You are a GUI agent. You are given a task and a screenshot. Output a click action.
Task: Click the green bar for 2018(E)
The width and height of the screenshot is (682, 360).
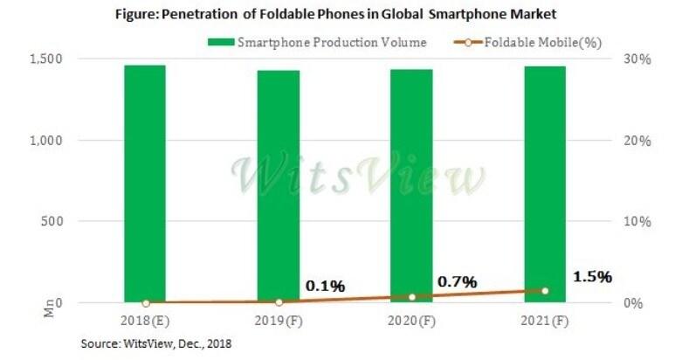point(144,183)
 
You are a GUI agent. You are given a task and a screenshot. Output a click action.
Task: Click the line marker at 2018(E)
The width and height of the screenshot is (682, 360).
point(145,302)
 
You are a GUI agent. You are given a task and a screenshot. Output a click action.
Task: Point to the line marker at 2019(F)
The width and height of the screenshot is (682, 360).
point(279,301)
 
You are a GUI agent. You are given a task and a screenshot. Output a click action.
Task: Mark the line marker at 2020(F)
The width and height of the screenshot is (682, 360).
point(412,297)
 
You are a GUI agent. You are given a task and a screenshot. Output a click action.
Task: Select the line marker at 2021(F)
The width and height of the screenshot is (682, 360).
point(545,291)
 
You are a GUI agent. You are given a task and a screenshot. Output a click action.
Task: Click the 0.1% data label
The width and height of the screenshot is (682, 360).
point(325,286)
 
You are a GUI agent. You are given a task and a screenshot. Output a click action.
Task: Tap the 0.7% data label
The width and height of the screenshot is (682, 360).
point(457,281)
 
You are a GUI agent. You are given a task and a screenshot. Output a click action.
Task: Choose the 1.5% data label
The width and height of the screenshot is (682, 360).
point(592,276)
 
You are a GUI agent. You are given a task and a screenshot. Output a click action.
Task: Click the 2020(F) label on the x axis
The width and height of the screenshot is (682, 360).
point(412,322)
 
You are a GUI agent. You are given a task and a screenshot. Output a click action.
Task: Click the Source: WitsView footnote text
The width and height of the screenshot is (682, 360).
point(156,344)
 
